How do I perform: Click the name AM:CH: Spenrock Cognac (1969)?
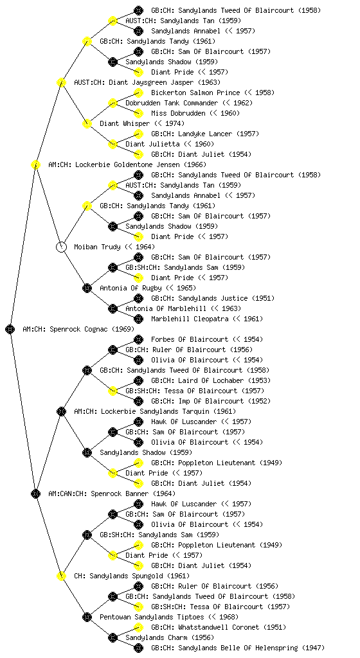click(78, 329)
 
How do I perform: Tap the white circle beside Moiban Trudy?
click(61, 247)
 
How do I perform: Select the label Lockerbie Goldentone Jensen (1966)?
click(141, 164)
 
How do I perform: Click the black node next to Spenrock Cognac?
click(10, 329)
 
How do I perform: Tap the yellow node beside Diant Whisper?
click(87, 123)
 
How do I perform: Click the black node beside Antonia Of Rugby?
click(87, 288)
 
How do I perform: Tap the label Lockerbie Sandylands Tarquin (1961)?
click(168, 411)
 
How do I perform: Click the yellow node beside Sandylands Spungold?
click(61, 576)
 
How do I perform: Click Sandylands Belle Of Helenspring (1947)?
click(251, 648)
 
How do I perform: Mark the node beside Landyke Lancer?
click(138, 134)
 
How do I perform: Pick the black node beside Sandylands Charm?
click(113, 637)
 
